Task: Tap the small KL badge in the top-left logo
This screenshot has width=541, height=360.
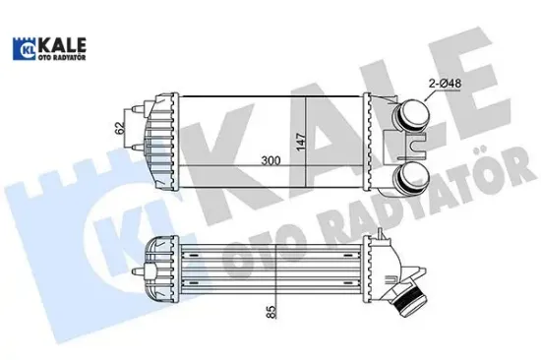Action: (23, 46)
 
